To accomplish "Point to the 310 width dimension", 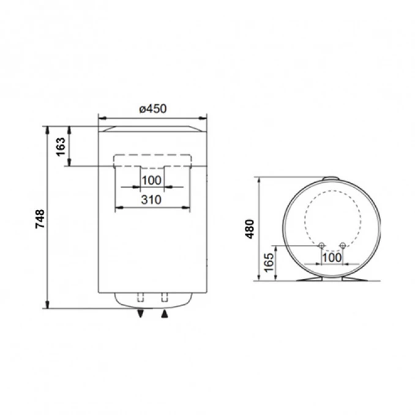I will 152,200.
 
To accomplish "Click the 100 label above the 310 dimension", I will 151,180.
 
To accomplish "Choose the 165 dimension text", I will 268,262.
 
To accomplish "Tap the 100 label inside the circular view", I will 331,258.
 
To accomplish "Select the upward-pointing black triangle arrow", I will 164,314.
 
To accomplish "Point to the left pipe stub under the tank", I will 141,298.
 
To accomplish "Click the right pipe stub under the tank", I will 164,298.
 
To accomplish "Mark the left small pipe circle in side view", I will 321,246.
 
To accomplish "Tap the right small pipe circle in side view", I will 342,246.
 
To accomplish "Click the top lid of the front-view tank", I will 152,129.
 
